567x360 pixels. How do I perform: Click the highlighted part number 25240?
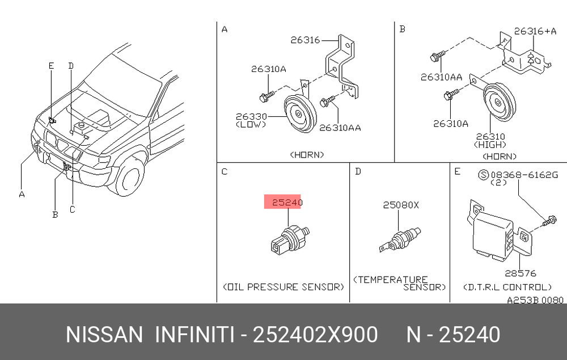coord(287,202)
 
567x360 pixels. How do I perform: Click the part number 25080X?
coord(401,205)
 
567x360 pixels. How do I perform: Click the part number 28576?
coord(521,274)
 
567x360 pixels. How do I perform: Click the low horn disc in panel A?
coord(300,114)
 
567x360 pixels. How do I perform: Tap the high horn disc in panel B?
coord(500,102)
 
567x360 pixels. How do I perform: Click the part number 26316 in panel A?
coord(305,40)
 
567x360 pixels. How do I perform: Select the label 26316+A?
coord(535,31)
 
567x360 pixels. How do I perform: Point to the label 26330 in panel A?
coord(251,116)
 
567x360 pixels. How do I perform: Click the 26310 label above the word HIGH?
coord(490,137)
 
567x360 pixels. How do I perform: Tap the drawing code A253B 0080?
coord(535,300)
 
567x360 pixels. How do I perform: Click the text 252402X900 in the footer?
coord(315,334)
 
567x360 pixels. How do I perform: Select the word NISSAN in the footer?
coord(104,334)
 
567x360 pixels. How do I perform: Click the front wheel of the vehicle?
coord(130,177)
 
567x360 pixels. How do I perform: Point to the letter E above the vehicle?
coord(52,66)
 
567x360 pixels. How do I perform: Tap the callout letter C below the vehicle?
coord(73,209)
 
